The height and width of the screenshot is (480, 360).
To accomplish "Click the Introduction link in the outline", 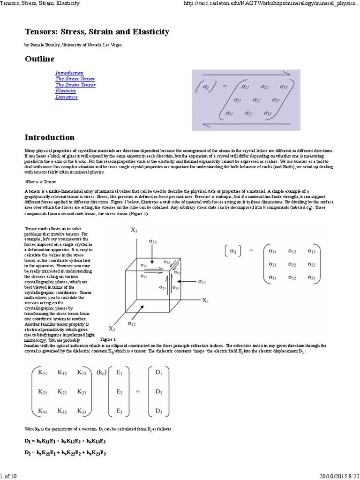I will [x=69, y=73].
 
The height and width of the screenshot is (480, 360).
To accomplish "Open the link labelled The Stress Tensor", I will [x=75, y=79].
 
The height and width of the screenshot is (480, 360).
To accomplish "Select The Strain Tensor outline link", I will [x=75, y=85].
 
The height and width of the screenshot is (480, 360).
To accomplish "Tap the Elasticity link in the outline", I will [x=66, y=91].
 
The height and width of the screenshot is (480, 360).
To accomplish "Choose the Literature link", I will [x=67, y=97].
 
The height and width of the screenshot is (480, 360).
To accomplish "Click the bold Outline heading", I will [x=39, y=59].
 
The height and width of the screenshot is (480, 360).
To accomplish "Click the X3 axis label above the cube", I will [x=134, y=230].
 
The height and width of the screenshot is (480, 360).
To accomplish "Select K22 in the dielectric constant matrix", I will [x=62, y=391].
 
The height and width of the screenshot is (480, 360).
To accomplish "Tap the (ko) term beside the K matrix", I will [x=101, y=373].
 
